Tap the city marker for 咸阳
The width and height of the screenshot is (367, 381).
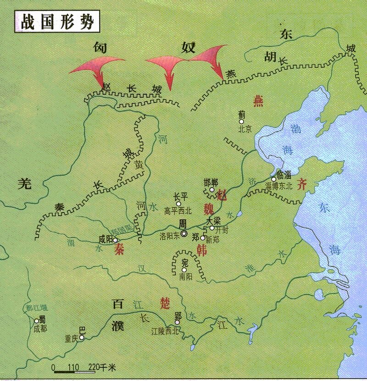coord(115,240)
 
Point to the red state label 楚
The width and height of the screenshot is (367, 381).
coord(164,302)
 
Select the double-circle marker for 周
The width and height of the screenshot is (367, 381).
coord(184,233)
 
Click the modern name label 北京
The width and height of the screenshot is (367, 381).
coord(245,129)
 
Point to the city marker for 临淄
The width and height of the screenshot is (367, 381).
coord(273,179)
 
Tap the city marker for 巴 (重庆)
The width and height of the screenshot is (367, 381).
coord(82,337)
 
